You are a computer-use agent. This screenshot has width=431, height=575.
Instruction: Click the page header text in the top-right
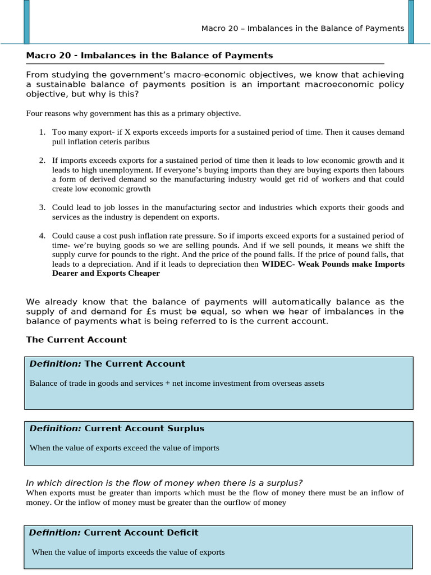coord(302,28)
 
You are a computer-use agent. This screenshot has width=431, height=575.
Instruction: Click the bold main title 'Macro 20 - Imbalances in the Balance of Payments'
coord(149,55)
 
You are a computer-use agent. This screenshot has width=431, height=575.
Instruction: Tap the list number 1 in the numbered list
coord(42,132)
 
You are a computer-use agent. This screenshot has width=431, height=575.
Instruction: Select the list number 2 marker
coord(42,160)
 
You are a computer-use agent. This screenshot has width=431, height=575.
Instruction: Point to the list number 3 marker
coord(42,207)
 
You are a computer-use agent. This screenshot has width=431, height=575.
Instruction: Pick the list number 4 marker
coord(42,235)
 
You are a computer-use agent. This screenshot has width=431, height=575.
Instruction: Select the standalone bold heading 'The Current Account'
coord(76,339)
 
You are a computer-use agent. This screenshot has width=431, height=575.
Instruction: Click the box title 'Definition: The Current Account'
coord(107,363)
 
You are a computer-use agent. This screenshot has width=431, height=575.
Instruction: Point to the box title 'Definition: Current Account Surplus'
coord(117,428)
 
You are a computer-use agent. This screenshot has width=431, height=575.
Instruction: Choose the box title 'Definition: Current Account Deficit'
coord(113,532)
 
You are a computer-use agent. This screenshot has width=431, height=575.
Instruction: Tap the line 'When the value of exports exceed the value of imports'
coord(124,448)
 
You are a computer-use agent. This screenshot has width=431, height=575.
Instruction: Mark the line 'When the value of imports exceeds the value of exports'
coord(128,552)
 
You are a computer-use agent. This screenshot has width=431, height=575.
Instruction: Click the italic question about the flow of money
coord(165,483)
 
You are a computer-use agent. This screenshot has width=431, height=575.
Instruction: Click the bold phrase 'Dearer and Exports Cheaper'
coord(106,273)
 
